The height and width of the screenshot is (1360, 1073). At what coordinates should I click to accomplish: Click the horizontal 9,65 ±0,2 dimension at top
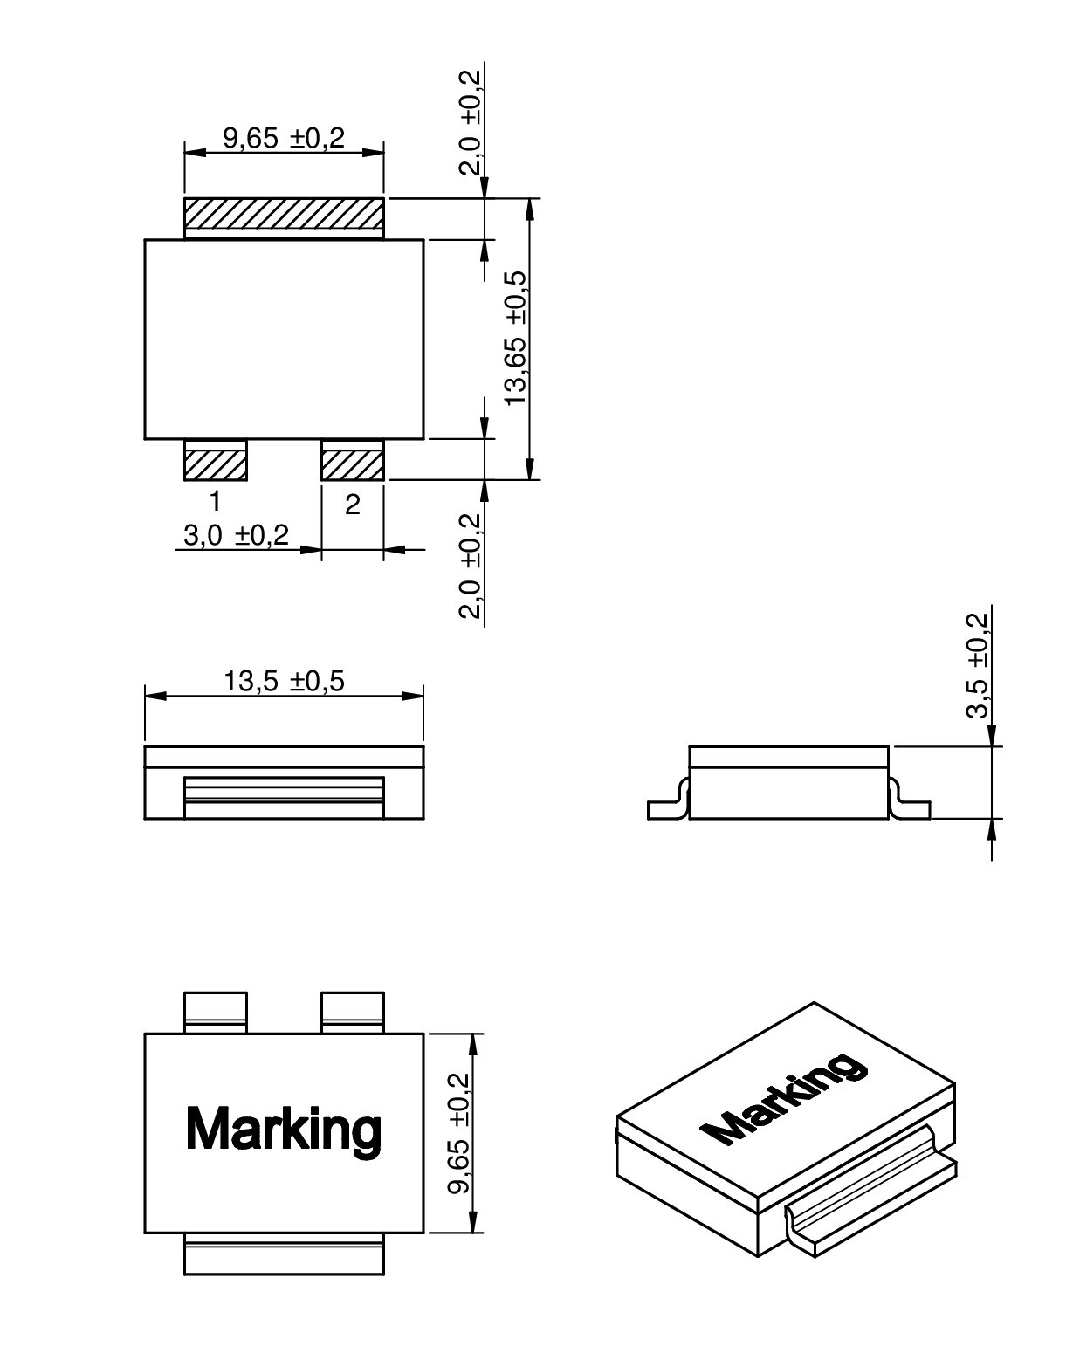click(284, 138)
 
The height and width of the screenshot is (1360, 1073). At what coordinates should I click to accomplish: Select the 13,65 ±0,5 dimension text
click(516, 337)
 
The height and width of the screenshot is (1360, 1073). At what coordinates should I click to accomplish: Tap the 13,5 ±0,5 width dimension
click(284, 681)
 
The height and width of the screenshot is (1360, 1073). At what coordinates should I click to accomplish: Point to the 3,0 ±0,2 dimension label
click(235, 535)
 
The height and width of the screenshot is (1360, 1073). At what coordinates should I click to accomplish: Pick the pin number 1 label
click(214, 502)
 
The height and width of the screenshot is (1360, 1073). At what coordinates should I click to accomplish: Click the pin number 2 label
click(352, 505)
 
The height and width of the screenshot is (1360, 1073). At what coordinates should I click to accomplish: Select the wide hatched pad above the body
click(284, 217)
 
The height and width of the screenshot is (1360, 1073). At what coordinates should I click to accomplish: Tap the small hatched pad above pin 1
click(216, 460)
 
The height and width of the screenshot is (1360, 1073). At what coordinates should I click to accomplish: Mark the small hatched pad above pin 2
click(353, 460)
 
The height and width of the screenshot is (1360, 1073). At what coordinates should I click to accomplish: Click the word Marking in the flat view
click(284, 1129)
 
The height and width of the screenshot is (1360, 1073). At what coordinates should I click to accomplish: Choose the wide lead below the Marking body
click(284, 1255)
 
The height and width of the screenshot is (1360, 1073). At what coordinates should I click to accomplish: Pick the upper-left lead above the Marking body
click(216, 1013)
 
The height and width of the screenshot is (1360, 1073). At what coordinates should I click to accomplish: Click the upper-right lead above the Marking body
click(353, 1013)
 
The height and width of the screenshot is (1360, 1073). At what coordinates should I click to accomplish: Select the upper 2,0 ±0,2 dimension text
click(471, 122)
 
